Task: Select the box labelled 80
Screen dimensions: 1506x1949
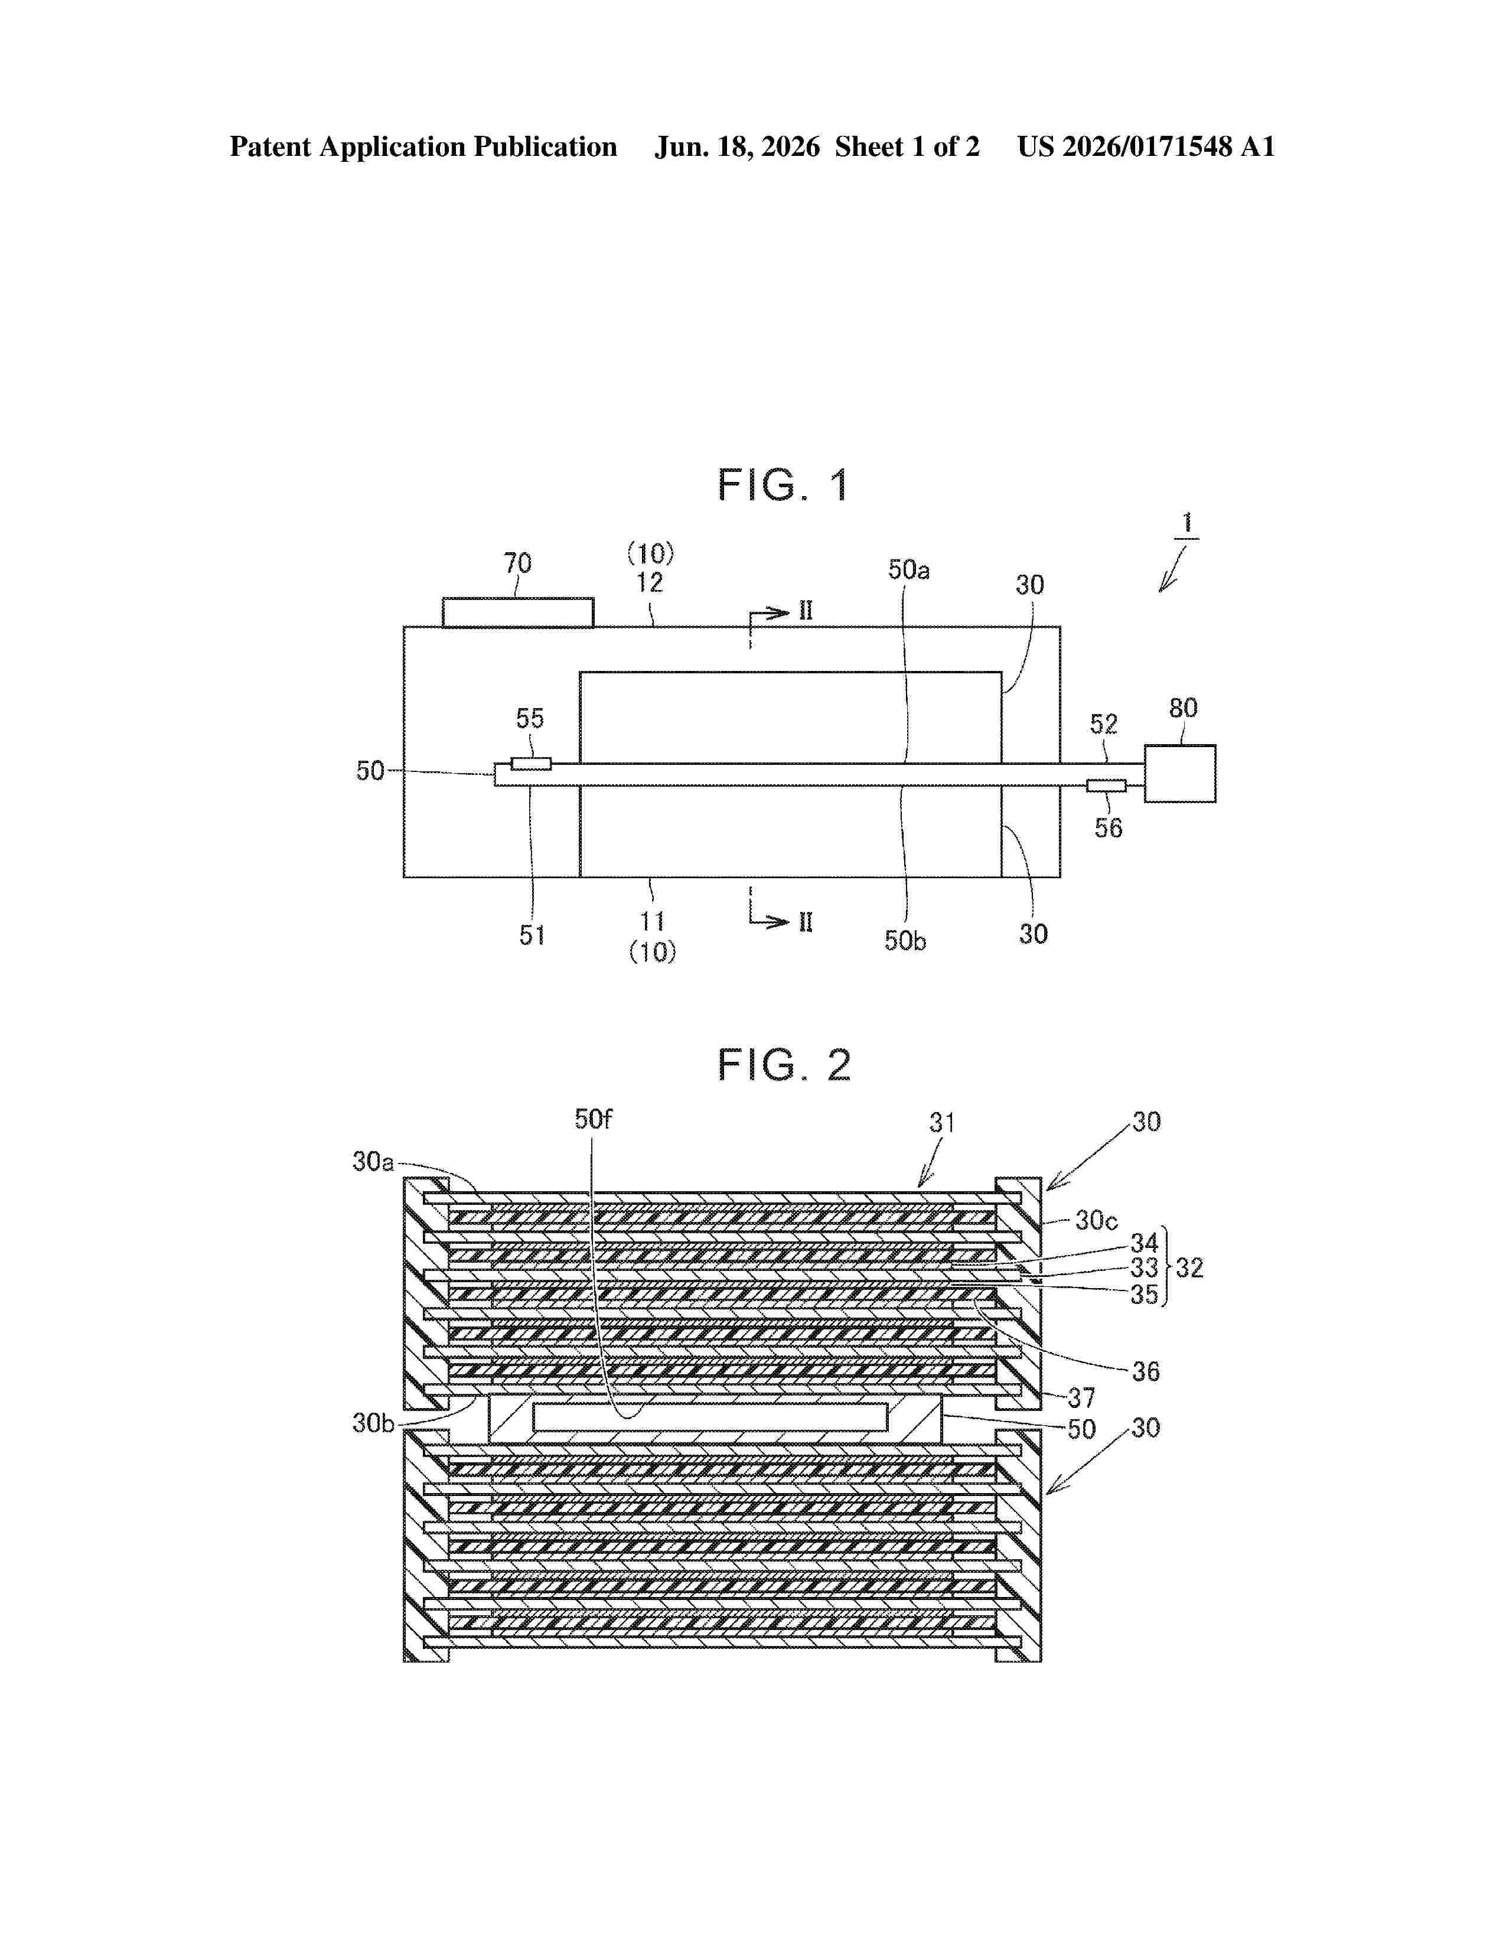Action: point(1179,774)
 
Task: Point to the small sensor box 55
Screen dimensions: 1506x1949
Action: point(531,764)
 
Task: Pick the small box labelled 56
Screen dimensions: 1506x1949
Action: point(1106,786)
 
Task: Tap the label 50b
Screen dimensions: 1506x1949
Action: point(905,941)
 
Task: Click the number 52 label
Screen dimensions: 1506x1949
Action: point(1104,723)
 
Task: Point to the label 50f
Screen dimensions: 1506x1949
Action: point(594,1119)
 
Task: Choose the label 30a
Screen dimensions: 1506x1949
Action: point(373,1162)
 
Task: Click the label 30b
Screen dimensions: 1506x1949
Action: point(373,1423)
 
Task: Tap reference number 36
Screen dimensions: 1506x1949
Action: point(1146,1371)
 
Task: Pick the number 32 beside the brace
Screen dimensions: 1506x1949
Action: point(1190,1268)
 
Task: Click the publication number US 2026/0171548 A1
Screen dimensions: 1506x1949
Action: point(1146,147)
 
